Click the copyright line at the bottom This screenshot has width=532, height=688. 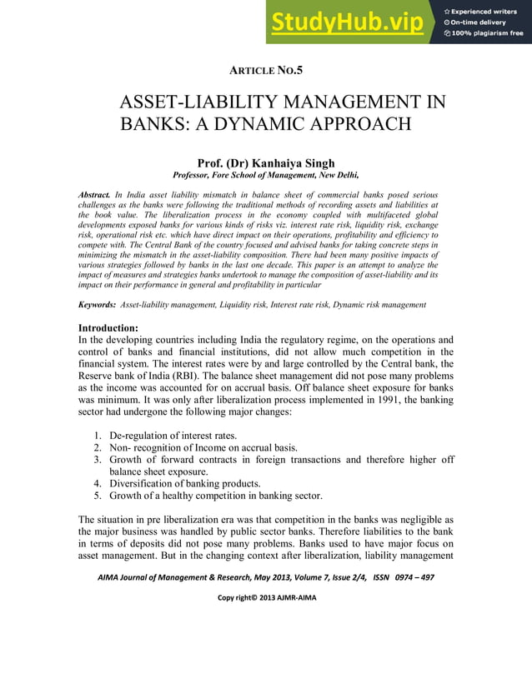click(266, 598)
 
